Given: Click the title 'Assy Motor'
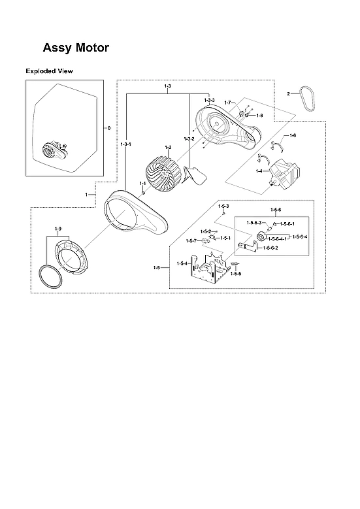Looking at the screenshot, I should pos(76,48).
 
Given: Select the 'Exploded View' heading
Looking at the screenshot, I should pos(49,71).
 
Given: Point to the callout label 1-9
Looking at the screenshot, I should pos(57,228).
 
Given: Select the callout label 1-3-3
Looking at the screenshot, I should pos(208,99).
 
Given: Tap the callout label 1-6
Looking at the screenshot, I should pos(292,135).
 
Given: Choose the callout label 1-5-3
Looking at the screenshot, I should pos(223,206).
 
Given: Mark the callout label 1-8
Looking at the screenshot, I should pos(259,115).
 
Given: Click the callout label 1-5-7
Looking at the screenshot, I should pos(191,241).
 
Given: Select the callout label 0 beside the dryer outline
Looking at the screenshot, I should pos(108,127).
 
